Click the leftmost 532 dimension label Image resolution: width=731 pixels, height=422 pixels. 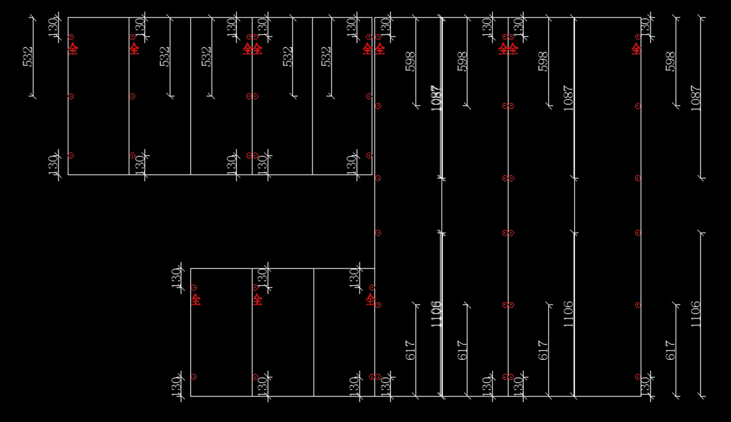coord(28,57)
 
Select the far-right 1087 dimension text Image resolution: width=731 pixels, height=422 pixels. coord(696,97)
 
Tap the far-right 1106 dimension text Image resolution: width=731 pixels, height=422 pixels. coord(696,314)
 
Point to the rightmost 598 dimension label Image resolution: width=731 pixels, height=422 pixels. coord(671,62)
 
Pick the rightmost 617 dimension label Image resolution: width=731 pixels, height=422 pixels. coord(671,350)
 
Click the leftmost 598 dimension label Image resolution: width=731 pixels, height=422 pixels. coord(410,62)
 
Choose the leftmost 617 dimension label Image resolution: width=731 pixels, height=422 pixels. coord(410,350)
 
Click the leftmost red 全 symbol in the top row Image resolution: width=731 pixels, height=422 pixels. coord(73,49)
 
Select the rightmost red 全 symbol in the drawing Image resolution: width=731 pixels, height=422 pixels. coord(637,49)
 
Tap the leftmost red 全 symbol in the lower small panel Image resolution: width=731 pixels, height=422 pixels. coord(196,300)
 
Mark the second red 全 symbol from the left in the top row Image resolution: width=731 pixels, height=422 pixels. coord(134,49)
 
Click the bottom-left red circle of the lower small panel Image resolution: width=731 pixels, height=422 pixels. coord(194,377)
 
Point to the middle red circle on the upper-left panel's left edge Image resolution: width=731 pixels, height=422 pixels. coord(71,96)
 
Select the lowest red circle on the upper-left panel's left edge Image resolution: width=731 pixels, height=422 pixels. coord(71,155)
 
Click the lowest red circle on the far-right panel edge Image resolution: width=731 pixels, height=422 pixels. coord(638,377)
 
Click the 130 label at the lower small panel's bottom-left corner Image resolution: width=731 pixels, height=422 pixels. coord(176,385)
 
